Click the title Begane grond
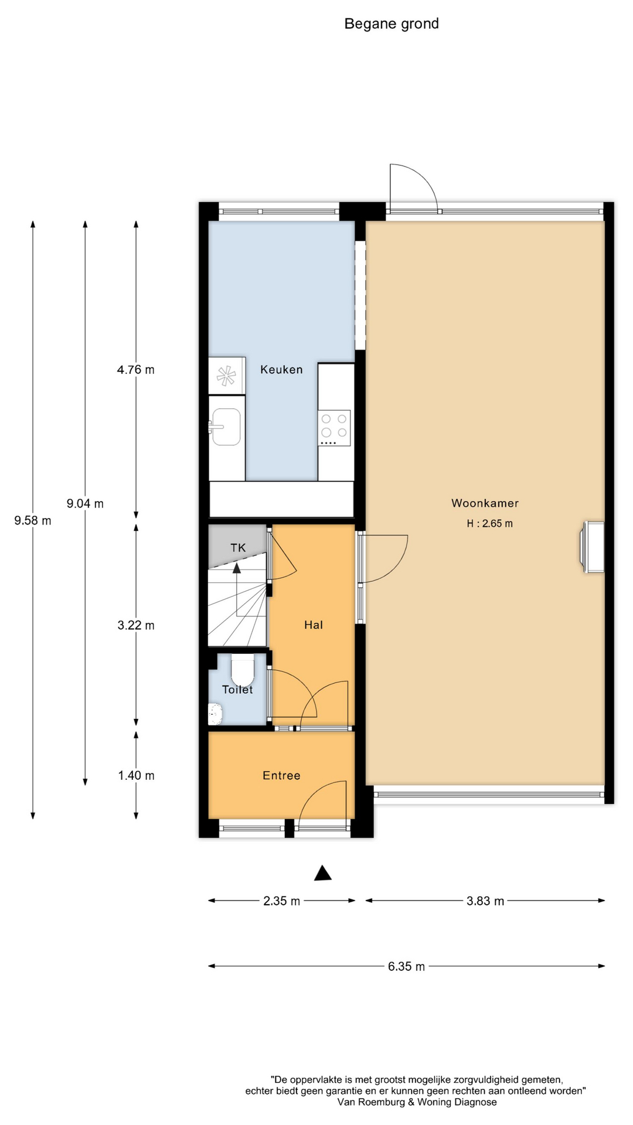392,23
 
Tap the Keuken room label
281,370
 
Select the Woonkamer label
485,503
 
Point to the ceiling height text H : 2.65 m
489,524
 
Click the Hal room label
314,625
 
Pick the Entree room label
281,776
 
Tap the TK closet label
238,548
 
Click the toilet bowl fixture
242,670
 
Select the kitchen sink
226,427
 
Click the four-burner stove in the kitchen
334,428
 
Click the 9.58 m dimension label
33,520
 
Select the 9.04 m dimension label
85,503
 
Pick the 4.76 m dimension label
136,370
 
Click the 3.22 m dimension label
136,625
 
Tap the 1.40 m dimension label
136,776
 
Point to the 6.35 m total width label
406,967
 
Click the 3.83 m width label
485,901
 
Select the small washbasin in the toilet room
216,714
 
